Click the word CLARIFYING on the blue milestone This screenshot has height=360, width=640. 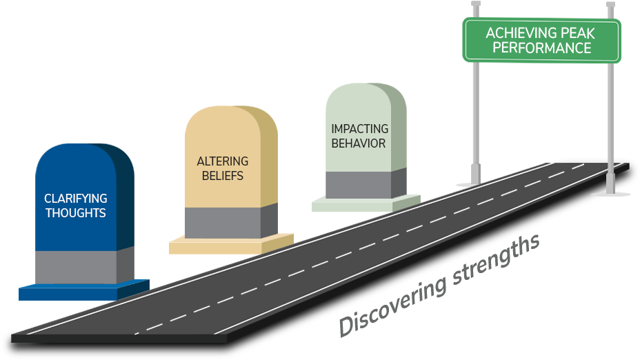point(76,199)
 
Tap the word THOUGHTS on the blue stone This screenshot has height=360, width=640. point(76,213)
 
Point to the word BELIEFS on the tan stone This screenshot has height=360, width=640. point(223,176)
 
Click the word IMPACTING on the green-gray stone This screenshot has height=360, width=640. point(359,129)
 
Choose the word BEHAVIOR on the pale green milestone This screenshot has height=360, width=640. point(359,143)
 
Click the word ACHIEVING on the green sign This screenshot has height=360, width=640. point(519,33)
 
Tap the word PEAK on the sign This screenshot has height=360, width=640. point(584,33)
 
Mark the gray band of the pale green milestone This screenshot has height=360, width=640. point(359,184)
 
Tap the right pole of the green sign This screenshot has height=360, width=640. point(610,124)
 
